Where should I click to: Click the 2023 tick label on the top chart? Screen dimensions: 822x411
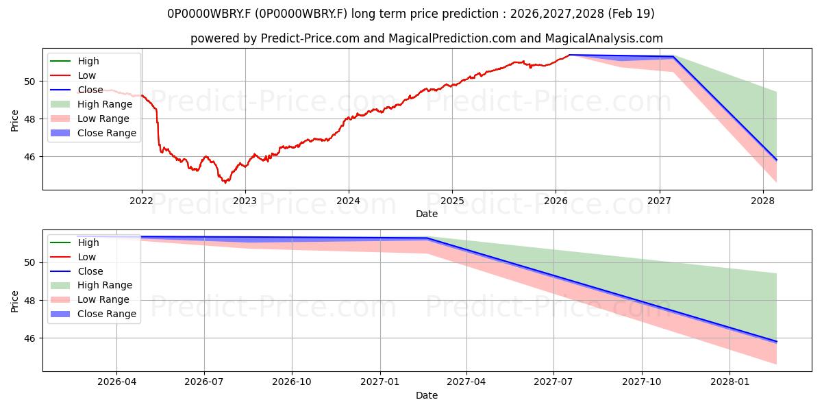coord(245,201)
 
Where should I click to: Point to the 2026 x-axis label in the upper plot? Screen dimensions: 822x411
coord(556,201)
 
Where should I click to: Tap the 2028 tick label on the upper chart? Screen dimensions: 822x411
coord(763,201)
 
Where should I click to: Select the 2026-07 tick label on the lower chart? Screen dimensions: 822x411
coord(204,382)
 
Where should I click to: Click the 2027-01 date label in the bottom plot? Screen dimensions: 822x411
coord(379,382)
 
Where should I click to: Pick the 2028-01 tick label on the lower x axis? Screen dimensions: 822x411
coord(730,382)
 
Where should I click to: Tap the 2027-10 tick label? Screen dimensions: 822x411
coord(642,382)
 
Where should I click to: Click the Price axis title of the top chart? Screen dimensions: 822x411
coord(14,121)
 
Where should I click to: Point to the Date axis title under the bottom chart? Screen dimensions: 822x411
coord(427,396)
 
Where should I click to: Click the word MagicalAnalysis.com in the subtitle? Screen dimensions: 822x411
coord(604,38)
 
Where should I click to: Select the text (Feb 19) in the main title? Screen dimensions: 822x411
coord(631,14)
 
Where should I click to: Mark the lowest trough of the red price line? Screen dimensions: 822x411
coord(225,183)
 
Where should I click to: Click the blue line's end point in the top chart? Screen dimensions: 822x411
coord(777,160)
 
